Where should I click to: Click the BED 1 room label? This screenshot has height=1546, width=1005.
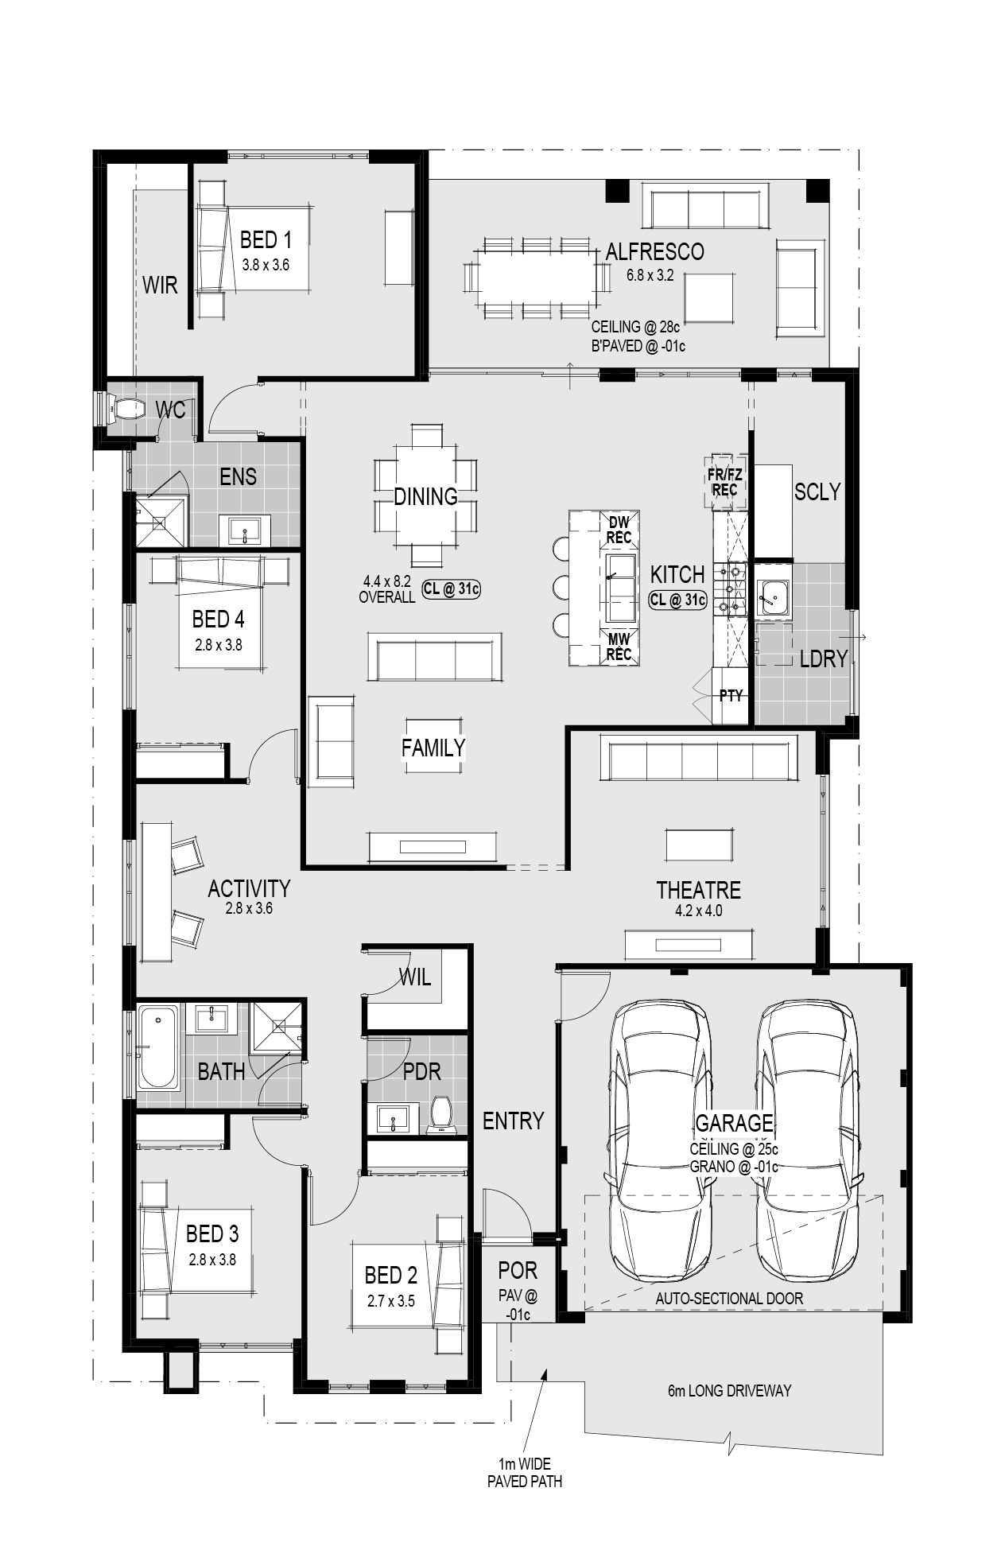pyautogui.click(x=266, y=239)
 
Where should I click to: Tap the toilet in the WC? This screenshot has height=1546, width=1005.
pyautogui.click(x=126, y=409)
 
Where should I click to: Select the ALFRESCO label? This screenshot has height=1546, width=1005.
pyautogui.click(x=654, y=251)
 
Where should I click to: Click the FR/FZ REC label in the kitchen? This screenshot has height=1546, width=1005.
pyautogui.click(x=724, y=482)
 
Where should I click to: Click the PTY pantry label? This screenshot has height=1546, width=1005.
pyautogui.click(x=731, y=696)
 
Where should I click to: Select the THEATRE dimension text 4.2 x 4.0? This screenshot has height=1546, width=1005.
pyautogui.click(x=698, y=911)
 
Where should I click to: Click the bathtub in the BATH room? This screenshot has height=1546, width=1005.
pyautogui.click(x=158, y=1046)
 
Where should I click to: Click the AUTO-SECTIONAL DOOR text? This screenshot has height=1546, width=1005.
pyautogui.click(x=729, y=1299)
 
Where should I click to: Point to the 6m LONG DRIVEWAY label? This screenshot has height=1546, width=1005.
pyautogui.click(x=729, y=1391)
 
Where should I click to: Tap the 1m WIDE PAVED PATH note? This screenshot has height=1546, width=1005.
pyautogui.click(x=524, y=1473)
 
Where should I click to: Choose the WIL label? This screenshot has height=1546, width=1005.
pyautogui.click(x=414, y=977)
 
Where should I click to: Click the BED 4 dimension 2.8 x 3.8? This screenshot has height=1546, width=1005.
pyautogui.click(x=219, y=645)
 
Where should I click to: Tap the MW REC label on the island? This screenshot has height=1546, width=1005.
pyautogui.click(x=619, y=646)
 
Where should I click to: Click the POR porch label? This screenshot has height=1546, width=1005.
pyautogui.click(x=518, y=1271)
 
